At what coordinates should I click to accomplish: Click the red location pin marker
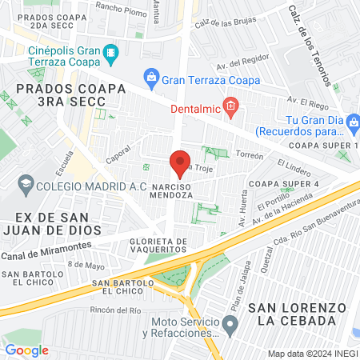[x=180, y=163]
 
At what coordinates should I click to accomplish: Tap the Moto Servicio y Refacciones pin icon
[x=230, y=326]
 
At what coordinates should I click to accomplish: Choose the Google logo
[x=26, y=350]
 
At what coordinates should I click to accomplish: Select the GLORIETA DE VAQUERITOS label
[x=159, y=246]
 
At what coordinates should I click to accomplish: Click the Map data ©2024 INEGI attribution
[x=312, y=354]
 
